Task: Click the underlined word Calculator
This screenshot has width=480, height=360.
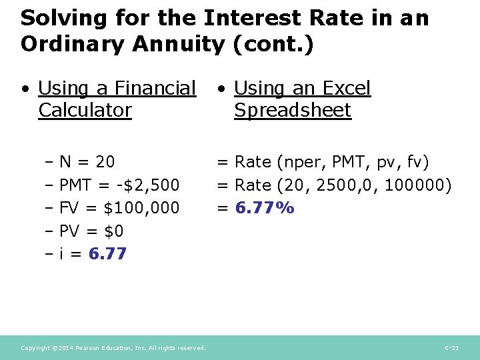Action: tap(85, 110)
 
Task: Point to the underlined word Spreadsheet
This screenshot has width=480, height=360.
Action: tap(292, 110)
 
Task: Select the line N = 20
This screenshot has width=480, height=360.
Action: tap(87, 162)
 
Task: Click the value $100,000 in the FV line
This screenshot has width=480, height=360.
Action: tap(141, 208)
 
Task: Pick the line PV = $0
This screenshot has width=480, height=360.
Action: tap(91, 231)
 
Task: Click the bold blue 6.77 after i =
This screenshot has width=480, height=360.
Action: tap(107, 254)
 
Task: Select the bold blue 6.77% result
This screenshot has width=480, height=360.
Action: tap(265, 208)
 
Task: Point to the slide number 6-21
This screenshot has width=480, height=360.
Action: tap(452, 348)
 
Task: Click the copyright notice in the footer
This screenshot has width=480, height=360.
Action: tap(113, 348)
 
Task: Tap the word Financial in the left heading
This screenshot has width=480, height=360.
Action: tap(156, 88)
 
